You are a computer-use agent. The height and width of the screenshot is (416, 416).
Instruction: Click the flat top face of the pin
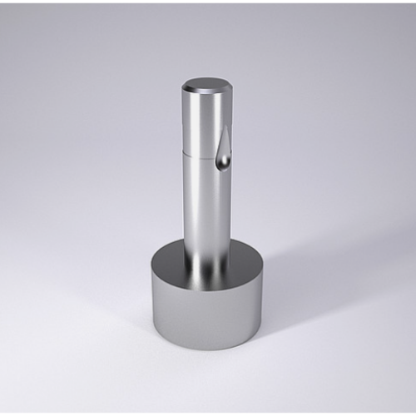pos(206,84)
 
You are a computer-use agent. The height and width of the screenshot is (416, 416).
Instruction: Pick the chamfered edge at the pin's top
pos(206,93)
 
